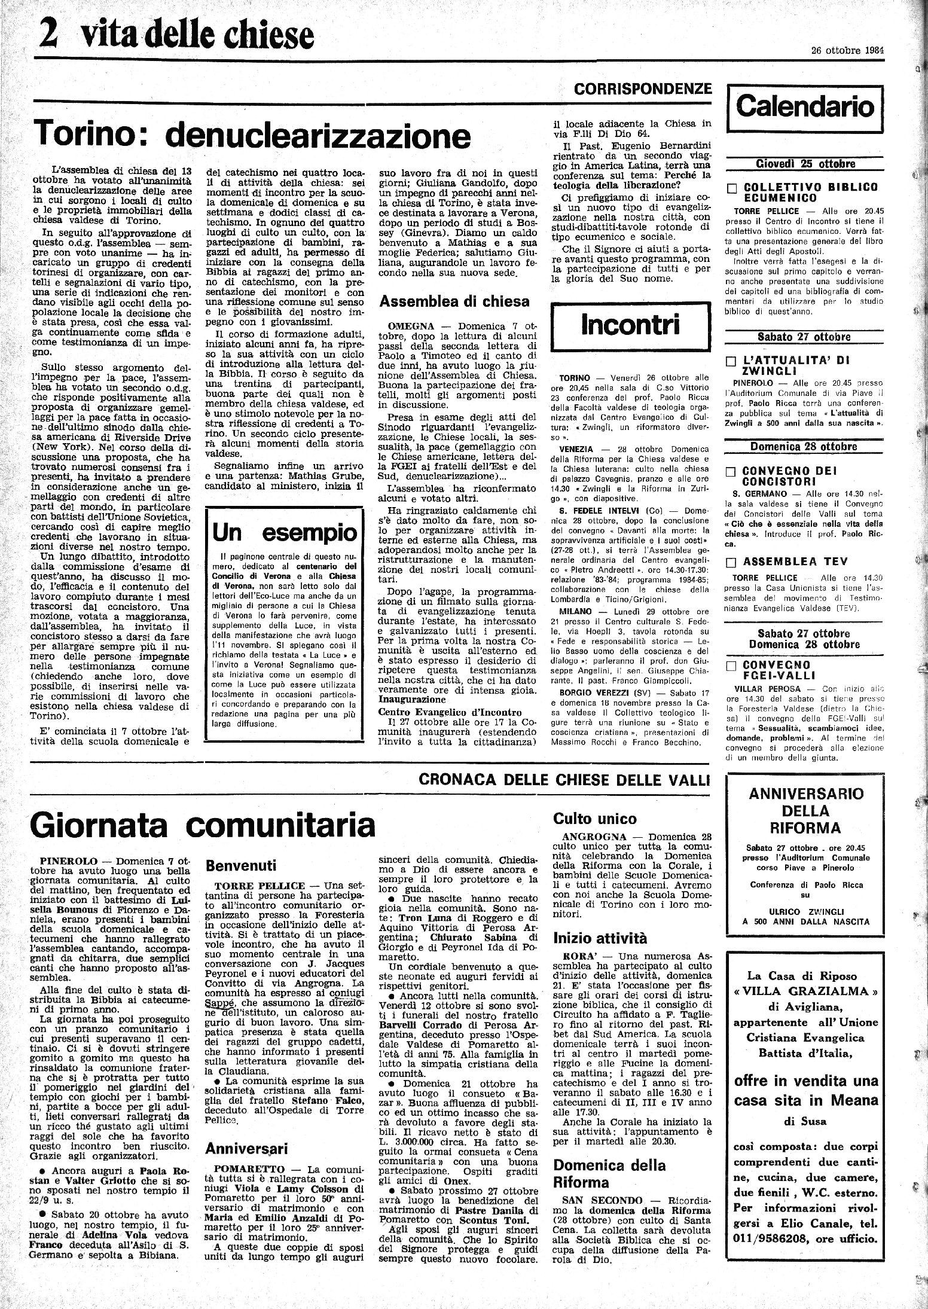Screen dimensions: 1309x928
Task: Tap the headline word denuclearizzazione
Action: (x=318, y=136)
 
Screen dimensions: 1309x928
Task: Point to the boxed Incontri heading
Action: (x=630, y=325)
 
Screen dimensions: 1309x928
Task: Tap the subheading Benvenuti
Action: (x=240, y=865)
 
